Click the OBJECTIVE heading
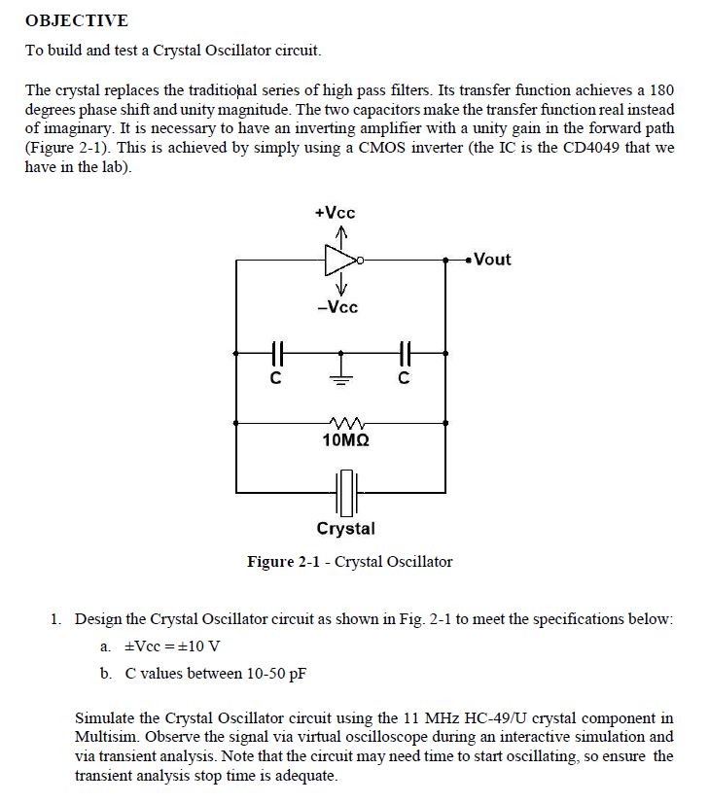click(76, 20)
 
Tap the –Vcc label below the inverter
click(337, 307)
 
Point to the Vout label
click(491, 260)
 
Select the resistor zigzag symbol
click(343, 423)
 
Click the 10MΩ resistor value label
click(344, 440)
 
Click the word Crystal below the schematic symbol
click(345, 529)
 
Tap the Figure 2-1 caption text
click(349, 562)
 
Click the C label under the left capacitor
click(275, 379)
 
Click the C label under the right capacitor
click(404, 379)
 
